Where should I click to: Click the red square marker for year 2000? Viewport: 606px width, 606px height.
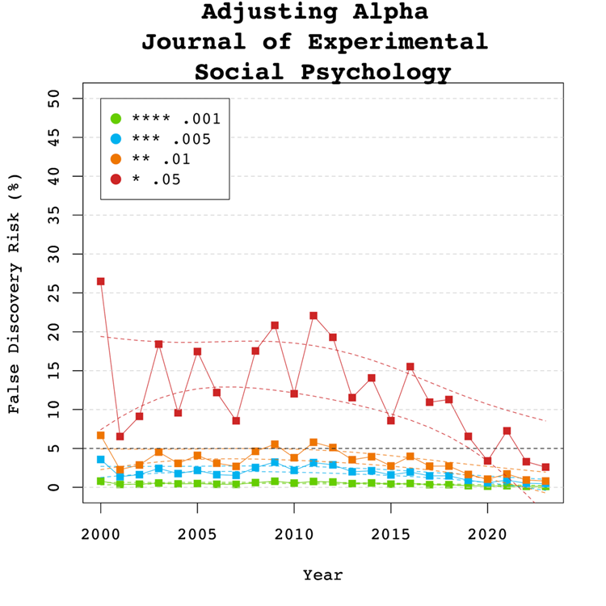pyautogui.click(x=101, y=281)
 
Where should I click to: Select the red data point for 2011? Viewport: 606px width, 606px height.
pyautogui.click(x=314, y=316)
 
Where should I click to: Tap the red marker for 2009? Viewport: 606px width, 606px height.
pyautogui.click(x=275, y=326)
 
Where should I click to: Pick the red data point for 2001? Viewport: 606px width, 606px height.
pyautogui.click(x=120, y=436)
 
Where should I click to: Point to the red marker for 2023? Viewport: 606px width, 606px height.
pyautogui.click(x=545, y=467)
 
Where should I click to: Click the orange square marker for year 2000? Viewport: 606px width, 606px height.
pyautogui.click(x=101, y=436)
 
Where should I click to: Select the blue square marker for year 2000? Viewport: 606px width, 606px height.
pyautogui.click(x=101, y=460)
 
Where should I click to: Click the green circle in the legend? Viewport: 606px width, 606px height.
pyautogui.click(x=116, y=118)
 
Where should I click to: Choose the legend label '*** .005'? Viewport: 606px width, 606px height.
pyautogui.click(x=170, y=139)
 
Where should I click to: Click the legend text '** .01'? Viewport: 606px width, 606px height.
pyautogui.click(x=161, y=159)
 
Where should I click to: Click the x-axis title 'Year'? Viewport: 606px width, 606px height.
pyautogui.click(x=323, y=575)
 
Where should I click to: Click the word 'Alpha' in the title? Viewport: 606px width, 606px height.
pyautogui.click(x=383, y=13)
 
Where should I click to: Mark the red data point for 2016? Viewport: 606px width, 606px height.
pyautogui.click(x=410, y=367)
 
